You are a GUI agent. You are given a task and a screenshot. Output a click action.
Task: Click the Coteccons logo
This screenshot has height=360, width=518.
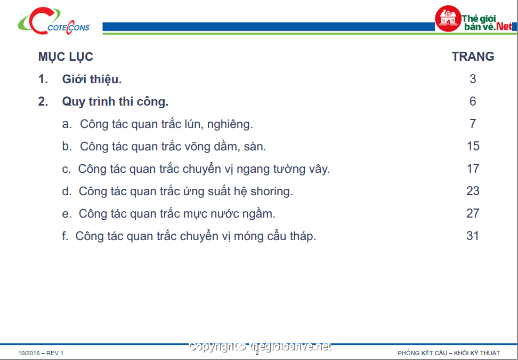[54, 21]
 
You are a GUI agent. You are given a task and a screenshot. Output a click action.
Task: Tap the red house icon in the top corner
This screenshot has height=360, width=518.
[448, 19]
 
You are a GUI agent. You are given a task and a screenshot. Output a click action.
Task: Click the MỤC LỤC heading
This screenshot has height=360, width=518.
[66, 57]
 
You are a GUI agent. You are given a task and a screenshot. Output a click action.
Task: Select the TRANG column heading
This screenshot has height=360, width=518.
[473, 57]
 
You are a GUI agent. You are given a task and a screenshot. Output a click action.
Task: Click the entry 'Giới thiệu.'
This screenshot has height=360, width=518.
[92, 79]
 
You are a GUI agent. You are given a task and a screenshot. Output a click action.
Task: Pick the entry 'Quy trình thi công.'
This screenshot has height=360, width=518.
[115, 102]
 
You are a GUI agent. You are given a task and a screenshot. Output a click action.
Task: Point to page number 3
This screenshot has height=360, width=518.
[473, 79]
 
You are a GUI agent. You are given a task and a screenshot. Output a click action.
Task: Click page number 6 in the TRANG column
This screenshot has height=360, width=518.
[473, 101]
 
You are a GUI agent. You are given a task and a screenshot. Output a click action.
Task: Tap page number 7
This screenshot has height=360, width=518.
[473, 124]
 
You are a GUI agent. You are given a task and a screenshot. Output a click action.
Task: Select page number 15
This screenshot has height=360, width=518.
[473, 146]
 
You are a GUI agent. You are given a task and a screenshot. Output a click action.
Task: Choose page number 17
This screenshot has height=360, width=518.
[473, 169]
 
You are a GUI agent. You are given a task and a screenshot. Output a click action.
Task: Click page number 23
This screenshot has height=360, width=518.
[473, 191]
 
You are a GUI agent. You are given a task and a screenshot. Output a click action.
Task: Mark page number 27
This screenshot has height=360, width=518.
[473, 213]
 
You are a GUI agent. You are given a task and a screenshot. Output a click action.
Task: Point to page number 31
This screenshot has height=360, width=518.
[473, 236]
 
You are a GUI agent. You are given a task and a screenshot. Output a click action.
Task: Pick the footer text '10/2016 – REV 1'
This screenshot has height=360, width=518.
[41, 354]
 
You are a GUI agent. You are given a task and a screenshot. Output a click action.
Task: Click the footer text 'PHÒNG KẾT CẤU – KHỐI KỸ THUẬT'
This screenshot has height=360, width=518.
[449, 354]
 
